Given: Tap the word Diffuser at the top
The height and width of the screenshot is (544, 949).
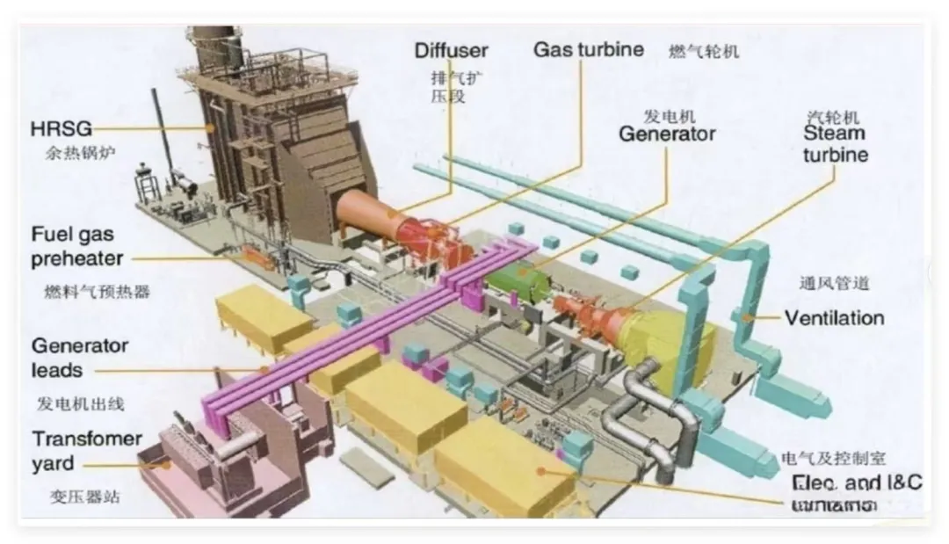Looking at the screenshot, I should click(451, 50).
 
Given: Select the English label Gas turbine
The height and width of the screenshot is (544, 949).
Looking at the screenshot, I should click(588, 49).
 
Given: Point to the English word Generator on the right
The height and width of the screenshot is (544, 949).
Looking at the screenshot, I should click(666, 134).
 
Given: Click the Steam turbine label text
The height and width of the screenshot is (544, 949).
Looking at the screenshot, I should click(834, 143).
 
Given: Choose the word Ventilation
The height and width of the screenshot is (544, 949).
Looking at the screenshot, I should click(834, 317).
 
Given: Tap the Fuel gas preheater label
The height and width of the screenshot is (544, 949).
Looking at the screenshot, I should click(76, 247).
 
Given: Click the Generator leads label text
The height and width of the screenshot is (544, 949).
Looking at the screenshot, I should click(79, 357).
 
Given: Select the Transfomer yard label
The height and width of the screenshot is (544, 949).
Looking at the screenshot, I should click(86, 450).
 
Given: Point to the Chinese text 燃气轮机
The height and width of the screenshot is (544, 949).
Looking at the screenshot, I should click(704, 52).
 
